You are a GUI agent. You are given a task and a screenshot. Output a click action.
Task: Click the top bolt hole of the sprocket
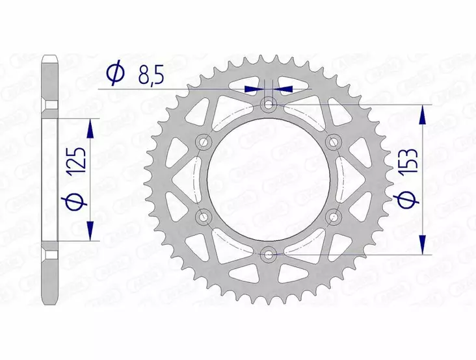[x=269, y=105]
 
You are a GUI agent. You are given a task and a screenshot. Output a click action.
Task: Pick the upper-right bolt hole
[x=334, y=142]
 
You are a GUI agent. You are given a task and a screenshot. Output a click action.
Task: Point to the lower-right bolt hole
[x=334, y=216]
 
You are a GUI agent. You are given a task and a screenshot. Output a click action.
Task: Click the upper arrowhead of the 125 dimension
[x=90, y=127]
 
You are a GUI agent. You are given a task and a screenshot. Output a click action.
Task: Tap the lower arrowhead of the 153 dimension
[x=423, y=244]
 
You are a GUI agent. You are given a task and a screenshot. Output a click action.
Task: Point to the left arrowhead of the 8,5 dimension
[x=255, y=88]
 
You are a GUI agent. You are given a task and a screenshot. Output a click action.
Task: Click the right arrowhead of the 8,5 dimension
[x=284, y=88]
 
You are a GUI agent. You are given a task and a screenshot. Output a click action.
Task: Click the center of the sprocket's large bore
[x=269, y=179]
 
